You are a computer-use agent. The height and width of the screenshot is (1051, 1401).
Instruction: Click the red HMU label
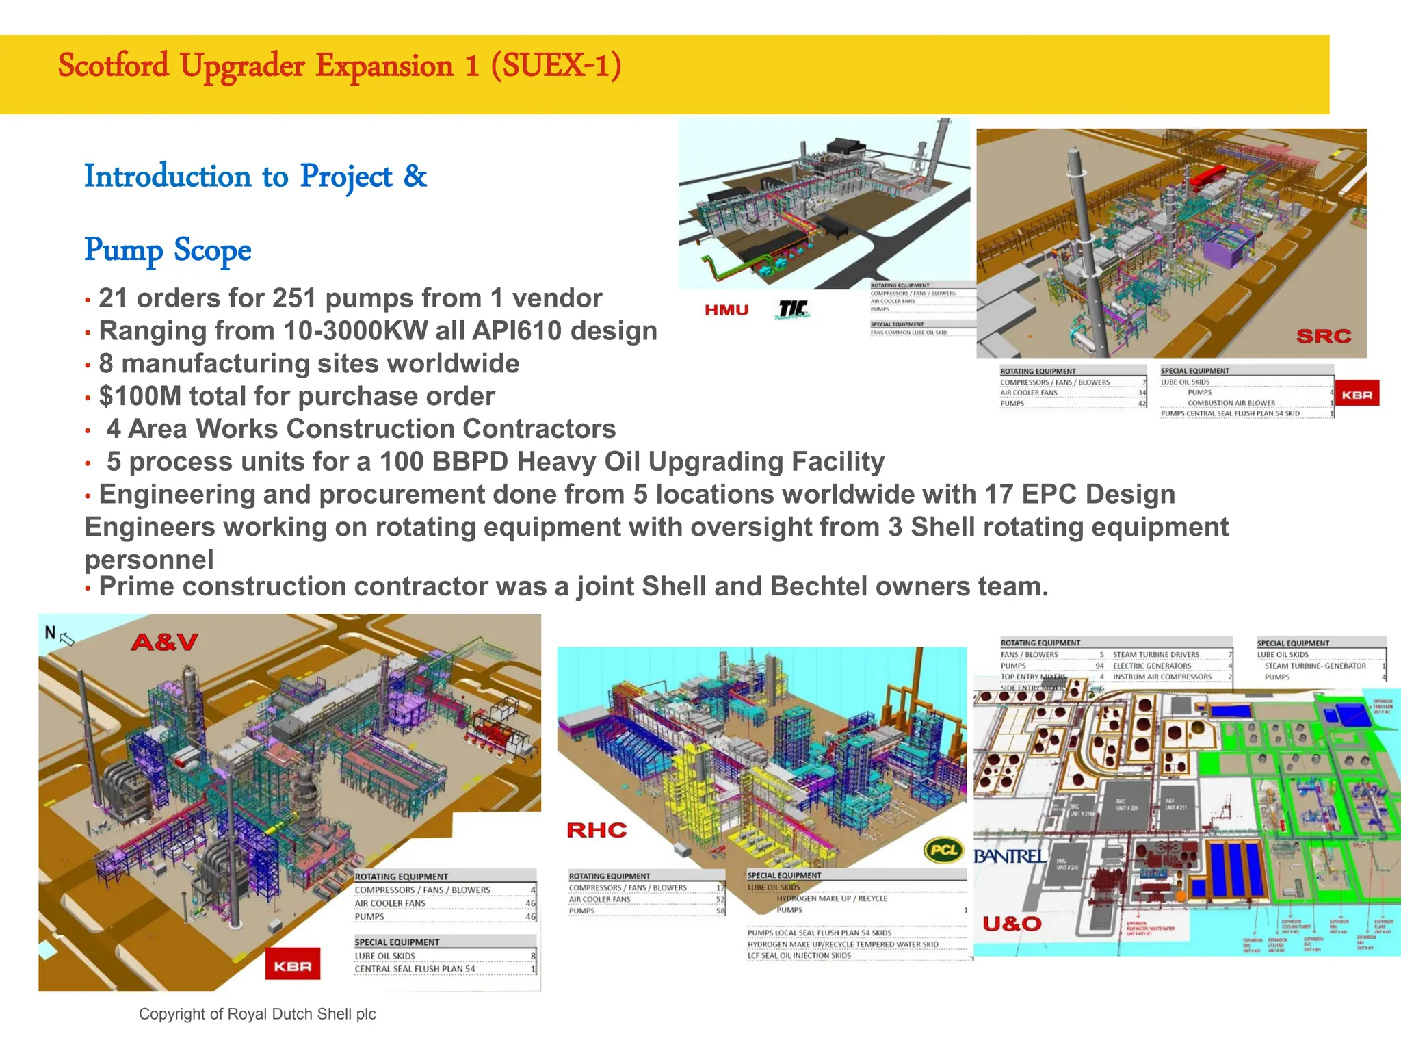tap(726, 310)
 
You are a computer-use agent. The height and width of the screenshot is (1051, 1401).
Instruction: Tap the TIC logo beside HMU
tap(793, 310)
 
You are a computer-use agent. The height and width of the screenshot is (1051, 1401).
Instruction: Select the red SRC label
tap(1324, 336)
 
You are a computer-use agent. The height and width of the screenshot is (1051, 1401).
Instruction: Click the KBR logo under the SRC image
tap(1357, 394)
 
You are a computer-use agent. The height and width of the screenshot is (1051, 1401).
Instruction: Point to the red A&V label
tap(164, 642)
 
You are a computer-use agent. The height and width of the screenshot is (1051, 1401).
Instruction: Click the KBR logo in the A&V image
tap(293, 965)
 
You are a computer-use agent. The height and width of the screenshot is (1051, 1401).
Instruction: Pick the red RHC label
tap(597, 830)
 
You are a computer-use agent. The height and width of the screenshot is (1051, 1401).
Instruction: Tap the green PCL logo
tap(943, 850)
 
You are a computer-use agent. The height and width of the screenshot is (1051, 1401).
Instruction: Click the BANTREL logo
tap(1010, 856)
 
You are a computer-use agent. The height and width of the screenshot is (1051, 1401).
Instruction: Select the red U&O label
tap(1012, 924)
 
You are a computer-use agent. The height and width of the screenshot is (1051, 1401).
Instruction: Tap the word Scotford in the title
tap(114, 66)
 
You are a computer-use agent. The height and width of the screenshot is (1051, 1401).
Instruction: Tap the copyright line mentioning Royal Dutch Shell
tap(257, 1014)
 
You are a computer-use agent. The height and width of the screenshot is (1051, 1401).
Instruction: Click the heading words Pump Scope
tap(168, 250)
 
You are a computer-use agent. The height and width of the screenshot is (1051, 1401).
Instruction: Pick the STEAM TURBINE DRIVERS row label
tap(1155, 655)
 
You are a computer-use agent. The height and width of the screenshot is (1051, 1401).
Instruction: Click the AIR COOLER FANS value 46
tap(530, 903)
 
